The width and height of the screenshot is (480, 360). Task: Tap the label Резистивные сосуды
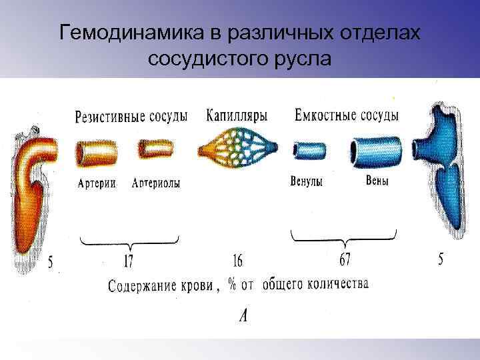tap(131, 116)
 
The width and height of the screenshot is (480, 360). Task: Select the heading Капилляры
tap(237, 115)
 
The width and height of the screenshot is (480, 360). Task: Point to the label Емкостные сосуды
tap(346, 115)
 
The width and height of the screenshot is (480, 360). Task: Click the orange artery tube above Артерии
tap(97, 154)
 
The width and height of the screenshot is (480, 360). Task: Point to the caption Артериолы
tap(156, 183)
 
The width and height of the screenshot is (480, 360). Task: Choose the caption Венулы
tap(307, 181)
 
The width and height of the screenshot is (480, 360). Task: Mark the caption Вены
tap(377, 181)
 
